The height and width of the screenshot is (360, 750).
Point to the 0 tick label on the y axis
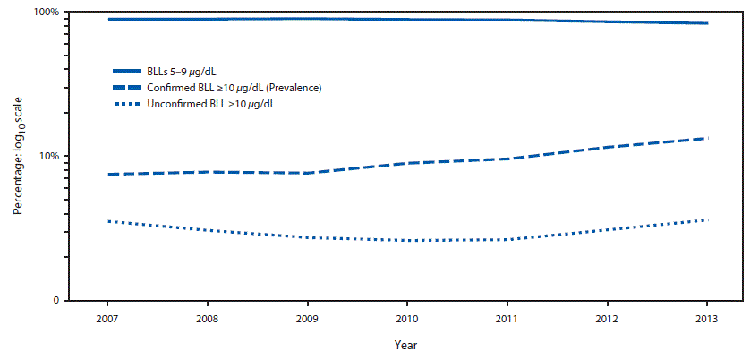(55, 301)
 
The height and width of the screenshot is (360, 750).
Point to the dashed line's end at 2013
(707, 138)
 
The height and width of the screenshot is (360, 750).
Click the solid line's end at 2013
(707, 23)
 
